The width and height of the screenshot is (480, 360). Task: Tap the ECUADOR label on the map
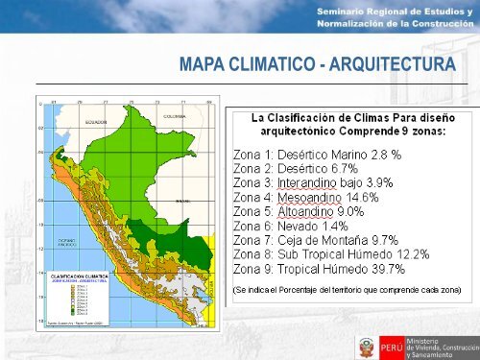(x=94, y=123)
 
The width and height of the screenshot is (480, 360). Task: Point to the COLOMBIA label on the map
(x=173, y=115)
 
